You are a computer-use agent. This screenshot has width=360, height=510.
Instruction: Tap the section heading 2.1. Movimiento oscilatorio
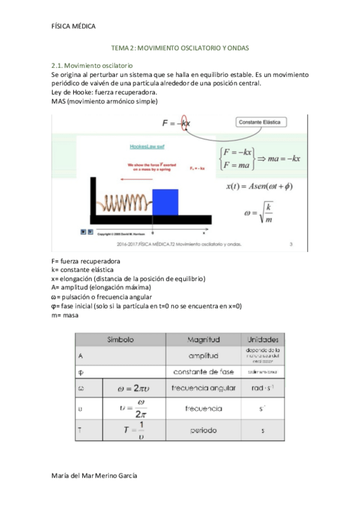[x=93, y=65]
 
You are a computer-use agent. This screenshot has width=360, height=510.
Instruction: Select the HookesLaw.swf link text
[x=147, y=147]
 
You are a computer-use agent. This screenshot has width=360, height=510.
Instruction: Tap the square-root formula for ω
[x=259, y=213]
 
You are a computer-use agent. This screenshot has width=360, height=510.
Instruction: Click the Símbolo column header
[x=120, y=339]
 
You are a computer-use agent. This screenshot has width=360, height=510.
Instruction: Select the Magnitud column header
[x=204, y=339]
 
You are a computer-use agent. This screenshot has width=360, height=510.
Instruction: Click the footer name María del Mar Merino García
[x=95, y=475]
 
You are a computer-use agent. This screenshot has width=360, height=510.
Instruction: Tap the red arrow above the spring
[x=135, y=179]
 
